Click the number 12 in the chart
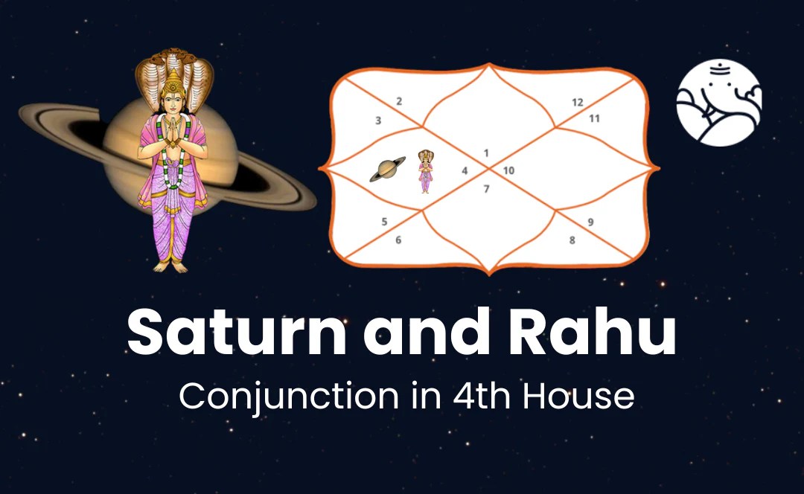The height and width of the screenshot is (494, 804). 577,103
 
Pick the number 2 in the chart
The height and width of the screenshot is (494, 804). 399,101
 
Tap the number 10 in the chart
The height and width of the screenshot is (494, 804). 508,171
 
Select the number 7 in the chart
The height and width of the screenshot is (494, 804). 486,189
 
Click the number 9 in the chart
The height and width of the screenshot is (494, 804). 590,222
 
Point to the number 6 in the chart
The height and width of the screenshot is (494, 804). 398,240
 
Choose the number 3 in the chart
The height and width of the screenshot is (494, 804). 378,120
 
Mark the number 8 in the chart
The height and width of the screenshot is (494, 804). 572,240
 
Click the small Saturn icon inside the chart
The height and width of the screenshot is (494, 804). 387,170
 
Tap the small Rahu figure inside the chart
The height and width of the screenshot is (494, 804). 425,171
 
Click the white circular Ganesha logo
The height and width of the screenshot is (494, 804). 718,103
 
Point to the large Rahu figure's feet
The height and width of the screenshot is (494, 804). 171,264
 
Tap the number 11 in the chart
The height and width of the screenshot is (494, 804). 594,118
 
